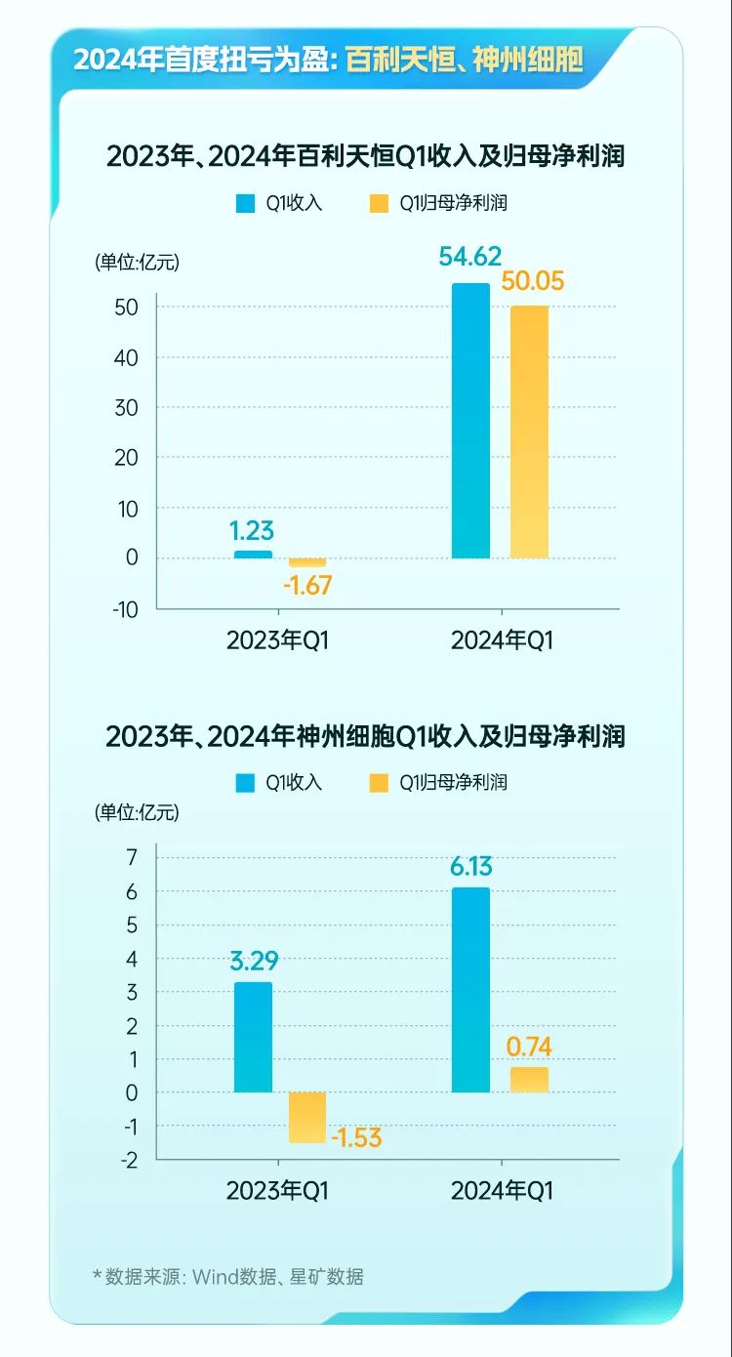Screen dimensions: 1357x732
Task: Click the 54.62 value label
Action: pyautogui.click(x=470, y=258)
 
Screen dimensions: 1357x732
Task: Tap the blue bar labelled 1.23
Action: pyautogui.click(x=254, y=555)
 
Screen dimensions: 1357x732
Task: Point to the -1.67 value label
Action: pyautogui.click(x=307, y=586)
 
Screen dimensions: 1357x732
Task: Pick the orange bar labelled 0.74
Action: pyautogui.click(x=530, y=1079)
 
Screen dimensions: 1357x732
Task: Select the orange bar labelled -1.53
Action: pyautogui.click(x=307, y=1117)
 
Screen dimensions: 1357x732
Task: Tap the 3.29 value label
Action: pyautogui.click(x=254, y=960)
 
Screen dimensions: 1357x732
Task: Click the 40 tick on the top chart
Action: pyautogui.click(x=126, y=357)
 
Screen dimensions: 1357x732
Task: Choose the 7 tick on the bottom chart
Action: pyautogui.click(x=132, y=857)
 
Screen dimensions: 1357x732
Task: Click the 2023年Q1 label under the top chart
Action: pyautogui.click(x=278, y=640)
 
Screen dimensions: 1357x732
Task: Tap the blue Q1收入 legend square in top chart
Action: pyautogui.click(x=244, y=204)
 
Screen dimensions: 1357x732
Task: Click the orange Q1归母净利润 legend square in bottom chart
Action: pyautogui.click(x=378, y=782)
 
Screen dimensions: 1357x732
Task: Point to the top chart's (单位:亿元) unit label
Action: pyautogui.click(x=138, y=262)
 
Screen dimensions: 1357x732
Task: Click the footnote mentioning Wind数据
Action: pyautogui.click(x=228, y=1276)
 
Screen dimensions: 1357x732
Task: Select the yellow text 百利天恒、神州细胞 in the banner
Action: pyautogui.click(x=465, y=61)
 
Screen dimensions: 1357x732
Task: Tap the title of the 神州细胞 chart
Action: pyautogui.click(x=365, y=735)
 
